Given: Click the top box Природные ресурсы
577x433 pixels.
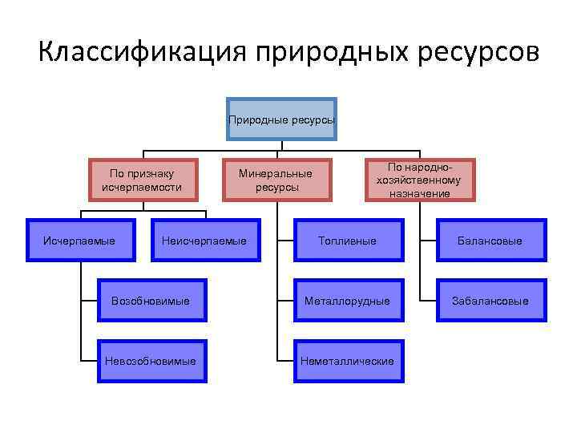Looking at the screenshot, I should coord(281,119).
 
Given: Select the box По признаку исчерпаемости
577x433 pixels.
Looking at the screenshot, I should coord(142,180).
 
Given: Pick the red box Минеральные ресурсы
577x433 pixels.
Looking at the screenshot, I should coord(276,180).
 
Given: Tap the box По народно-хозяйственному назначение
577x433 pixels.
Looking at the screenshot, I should coord(419,180).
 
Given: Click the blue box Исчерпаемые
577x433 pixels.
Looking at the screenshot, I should coord(79,241).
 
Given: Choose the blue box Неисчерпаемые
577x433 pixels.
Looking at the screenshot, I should coord(204,241).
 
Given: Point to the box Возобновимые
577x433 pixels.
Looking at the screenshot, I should coord(151,301).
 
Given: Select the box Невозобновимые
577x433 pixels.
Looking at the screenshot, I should coord(151,361).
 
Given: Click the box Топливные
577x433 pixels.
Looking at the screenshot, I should coord(347,241).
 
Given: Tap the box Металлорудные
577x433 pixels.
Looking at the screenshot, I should coord(347,301).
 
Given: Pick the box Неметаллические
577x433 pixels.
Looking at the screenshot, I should coord(347,361).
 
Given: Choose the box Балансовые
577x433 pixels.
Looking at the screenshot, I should coord(490,241).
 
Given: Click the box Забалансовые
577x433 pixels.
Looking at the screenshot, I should coord(490,301).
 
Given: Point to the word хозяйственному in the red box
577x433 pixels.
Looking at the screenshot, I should coord(419,180).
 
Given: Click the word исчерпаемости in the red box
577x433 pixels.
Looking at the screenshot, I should coord(142,188).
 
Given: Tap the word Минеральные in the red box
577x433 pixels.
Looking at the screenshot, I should coord(276,172).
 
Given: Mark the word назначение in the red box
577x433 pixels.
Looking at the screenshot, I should coord(419,193).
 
